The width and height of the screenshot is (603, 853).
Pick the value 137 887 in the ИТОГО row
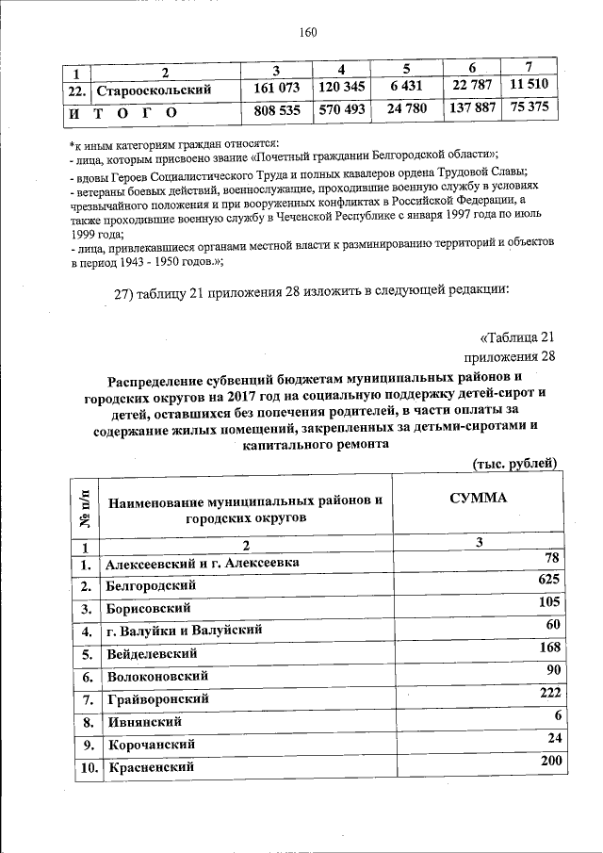click(472, 108)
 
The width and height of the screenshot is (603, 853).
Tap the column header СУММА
click(478, 499)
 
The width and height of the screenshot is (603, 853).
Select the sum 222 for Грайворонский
click(549, 693)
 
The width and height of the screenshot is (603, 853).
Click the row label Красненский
click(150, 768)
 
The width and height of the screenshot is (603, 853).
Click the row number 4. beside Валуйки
click(85, 631)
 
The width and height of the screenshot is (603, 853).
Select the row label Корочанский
click(149, 745)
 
